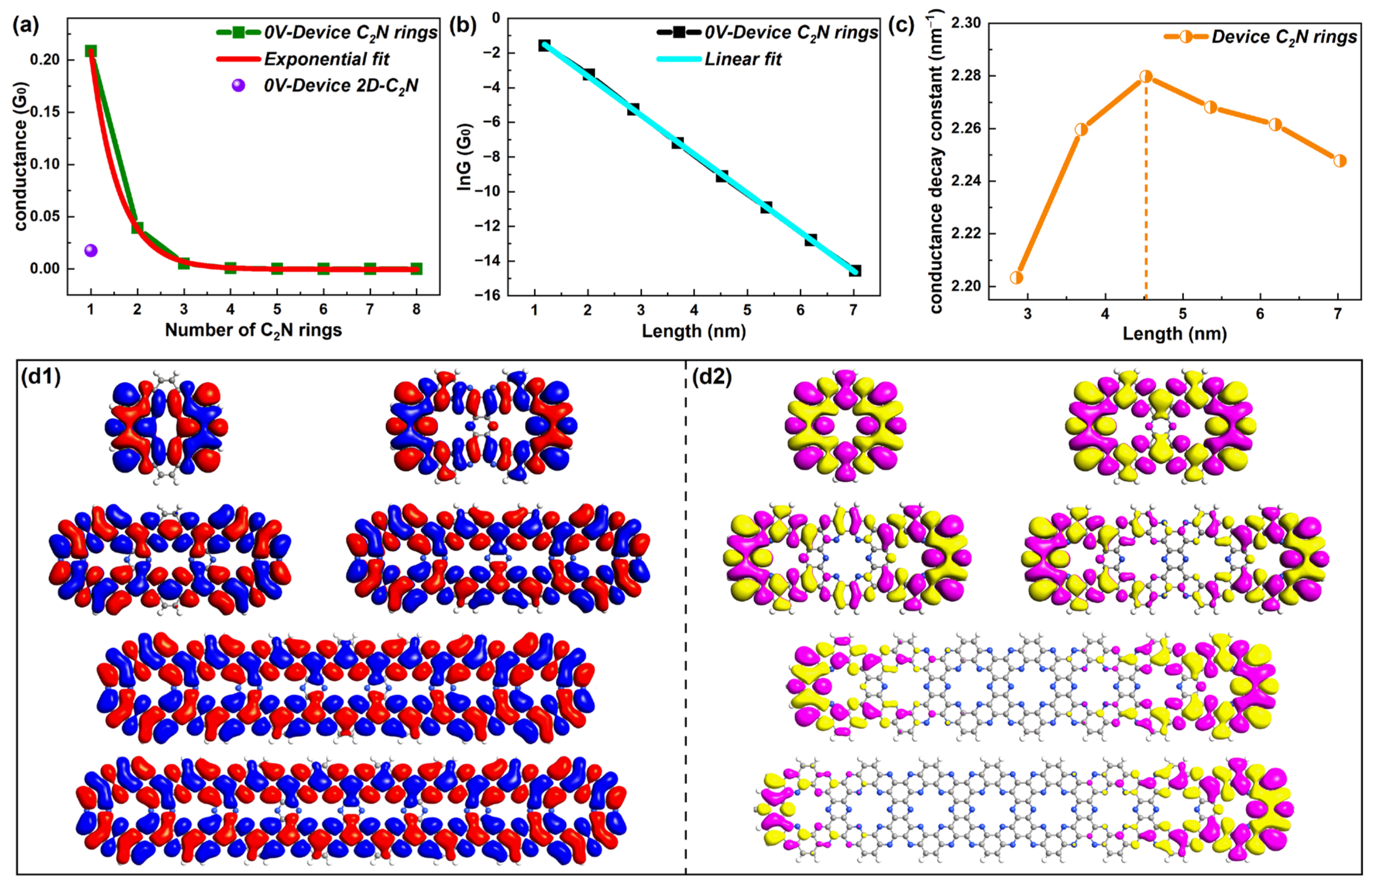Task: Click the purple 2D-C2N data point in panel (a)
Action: (91, 250)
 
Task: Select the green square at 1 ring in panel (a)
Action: (91, 51)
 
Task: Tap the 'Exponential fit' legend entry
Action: (326, 59)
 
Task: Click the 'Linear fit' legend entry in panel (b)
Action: (743, 59)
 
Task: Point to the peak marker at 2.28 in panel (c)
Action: (1146, 76)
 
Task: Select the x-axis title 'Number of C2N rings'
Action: (253, 330)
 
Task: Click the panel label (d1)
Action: (41, 377)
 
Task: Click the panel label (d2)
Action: (712, 377)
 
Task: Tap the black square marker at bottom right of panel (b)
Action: (855, 270)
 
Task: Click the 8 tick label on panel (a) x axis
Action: (417, 309)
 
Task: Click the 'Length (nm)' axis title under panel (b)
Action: (693, 331)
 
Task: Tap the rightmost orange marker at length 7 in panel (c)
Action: (1340, 161)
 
